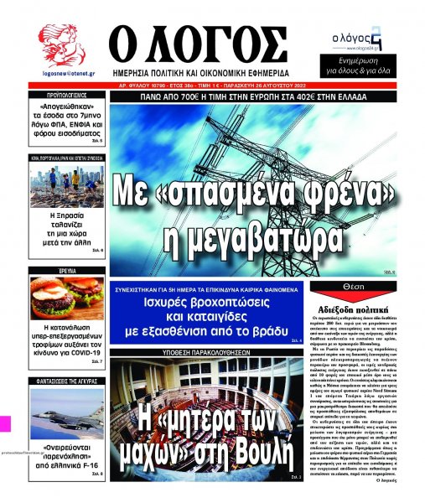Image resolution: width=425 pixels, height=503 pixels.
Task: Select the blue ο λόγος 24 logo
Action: pos(356,39)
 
